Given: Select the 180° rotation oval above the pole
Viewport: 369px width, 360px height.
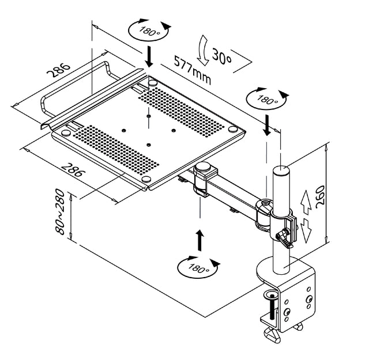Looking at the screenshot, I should (266, 98).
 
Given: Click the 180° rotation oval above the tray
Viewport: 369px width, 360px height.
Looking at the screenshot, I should (149, 31).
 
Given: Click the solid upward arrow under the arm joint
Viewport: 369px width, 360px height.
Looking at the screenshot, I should (199, 240).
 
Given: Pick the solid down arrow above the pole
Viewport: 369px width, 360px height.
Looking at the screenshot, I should (266, 124).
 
